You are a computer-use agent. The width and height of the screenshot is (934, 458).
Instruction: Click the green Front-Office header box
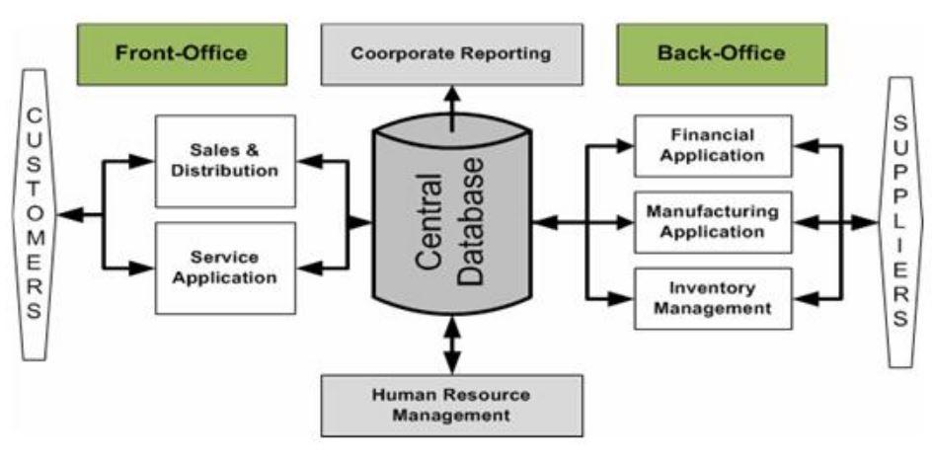182,53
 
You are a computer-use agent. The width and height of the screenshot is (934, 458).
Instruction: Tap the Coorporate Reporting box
451,53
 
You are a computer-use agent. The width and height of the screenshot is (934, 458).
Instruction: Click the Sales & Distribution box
225,160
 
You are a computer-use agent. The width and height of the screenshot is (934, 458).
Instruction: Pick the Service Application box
225,267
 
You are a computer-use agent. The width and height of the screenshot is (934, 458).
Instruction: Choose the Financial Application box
712,145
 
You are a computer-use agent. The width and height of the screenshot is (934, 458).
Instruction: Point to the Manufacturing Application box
712,222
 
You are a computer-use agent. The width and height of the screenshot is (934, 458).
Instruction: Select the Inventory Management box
712,298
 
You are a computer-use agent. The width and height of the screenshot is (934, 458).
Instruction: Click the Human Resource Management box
451,405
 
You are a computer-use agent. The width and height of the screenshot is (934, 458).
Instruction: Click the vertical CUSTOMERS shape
34,215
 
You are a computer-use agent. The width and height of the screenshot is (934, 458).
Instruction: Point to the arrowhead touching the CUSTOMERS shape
65,214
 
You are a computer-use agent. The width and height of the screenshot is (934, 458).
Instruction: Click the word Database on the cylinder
473,225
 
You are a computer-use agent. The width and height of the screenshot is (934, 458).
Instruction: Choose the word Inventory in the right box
712,288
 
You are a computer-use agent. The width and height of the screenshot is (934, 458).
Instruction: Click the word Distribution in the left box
225,170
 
